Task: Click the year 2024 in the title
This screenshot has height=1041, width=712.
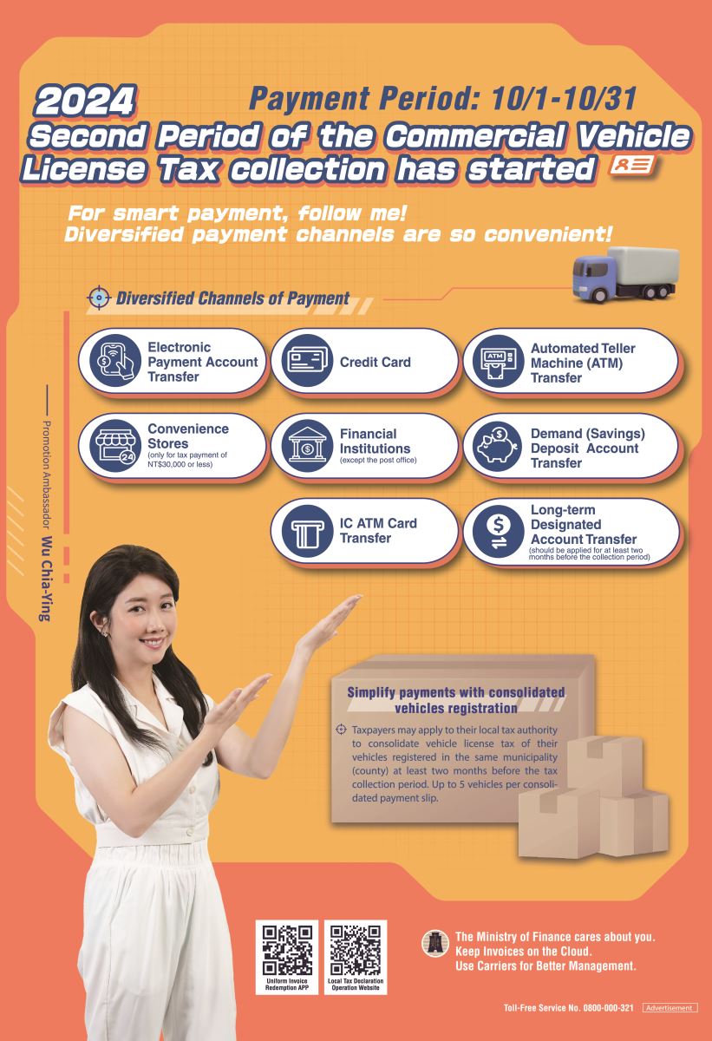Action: coord(85,101)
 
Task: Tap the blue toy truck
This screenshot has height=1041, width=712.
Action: coord(625,274)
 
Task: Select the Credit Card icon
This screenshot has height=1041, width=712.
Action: coord(307,361)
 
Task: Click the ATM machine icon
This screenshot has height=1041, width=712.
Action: coord(499,361)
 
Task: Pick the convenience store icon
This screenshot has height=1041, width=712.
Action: coord(115,446)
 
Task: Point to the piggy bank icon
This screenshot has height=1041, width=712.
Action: coord(499,446)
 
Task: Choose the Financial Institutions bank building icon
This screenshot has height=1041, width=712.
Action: coord(307,446)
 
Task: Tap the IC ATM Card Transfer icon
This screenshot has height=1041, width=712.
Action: coord(307,531)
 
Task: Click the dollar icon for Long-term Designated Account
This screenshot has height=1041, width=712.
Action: coord(499,531)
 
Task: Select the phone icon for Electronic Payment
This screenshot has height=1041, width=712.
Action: coord(115,361)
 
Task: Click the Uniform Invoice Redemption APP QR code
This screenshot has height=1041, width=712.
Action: coord(287,949)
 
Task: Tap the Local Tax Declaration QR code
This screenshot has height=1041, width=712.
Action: coord(356,949)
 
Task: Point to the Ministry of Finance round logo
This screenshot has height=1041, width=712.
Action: coord(435,943)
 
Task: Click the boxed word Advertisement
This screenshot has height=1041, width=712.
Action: coord(670,1007)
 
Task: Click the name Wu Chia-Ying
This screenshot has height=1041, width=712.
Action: coord(46,579)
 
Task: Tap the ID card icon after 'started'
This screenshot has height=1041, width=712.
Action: coord(632,166)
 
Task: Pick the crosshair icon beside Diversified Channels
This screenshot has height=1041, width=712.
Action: coord(99,298)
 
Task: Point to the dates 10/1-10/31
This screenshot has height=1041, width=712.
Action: coord(564,99)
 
